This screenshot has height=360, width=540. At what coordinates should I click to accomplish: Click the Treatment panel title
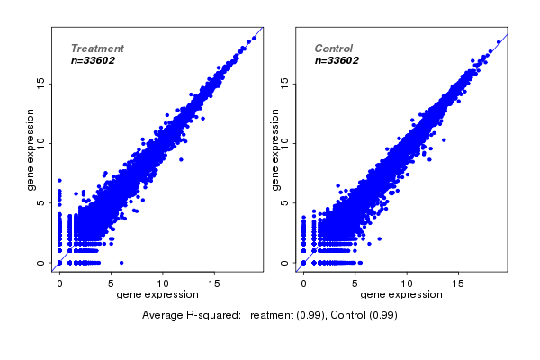pos(97,49)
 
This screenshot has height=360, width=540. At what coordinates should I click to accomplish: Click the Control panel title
pos(334,49)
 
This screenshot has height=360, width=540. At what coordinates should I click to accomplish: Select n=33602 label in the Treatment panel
pos(93,61)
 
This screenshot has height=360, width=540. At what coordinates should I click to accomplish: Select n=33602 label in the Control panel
pos(337,61)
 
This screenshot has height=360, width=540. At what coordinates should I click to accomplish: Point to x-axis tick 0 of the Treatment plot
pos(59,283)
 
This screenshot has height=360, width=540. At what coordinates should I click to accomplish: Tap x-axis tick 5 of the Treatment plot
pos(112,283)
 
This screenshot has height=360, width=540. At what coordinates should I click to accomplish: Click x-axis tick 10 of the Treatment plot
pos(164,283)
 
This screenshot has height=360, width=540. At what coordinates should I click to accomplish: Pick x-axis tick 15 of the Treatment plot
pos(215,283)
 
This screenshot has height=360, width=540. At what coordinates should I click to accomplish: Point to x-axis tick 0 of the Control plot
pos(303,283)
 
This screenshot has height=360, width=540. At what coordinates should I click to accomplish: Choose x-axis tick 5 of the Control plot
pos(355,283)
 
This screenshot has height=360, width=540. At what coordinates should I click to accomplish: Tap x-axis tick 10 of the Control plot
pos(407,283)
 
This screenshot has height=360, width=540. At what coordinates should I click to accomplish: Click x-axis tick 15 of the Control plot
pos(459,283)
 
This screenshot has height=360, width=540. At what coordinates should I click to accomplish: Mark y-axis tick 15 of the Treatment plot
pos(42,83)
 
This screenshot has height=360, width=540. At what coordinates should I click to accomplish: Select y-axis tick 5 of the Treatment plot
pos(42,203)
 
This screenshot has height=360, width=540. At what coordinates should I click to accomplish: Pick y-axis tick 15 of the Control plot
pos(286,83)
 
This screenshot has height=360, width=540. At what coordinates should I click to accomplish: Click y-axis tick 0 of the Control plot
pos(286,264)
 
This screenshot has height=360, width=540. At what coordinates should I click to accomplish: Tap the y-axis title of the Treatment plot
pos(31,149)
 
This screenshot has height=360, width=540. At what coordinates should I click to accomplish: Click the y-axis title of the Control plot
pos(274,149)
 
